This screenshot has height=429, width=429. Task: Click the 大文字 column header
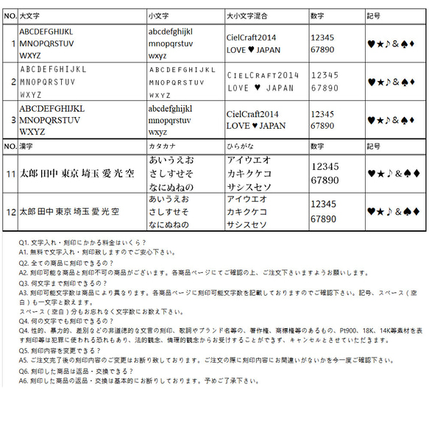pos(30,15)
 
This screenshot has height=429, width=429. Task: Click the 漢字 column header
pos(26,146)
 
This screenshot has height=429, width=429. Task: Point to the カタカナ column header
pos(163,146)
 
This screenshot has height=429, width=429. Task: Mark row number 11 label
pos(10,174)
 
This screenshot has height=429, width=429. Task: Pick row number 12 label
pos(10,212)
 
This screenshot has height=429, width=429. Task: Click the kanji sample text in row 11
pos(77,174)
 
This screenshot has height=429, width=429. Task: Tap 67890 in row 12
pos(325,219)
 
